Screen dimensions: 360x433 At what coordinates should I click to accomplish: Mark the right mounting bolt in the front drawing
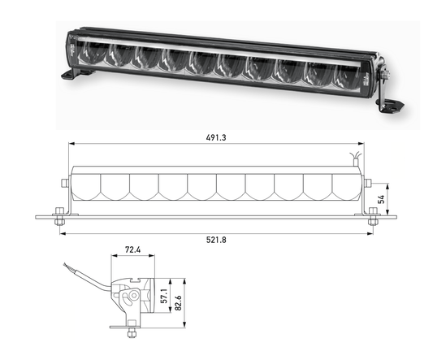pyautogui.click(x=373, y=216)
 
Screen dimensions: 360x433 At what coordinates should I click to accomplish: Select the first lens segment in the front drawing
pyautogui.click(x=87, y=185)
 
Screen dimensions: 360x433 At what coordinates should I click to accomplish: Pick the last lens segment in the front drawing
pyautogui.click(x=345, y=185)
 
